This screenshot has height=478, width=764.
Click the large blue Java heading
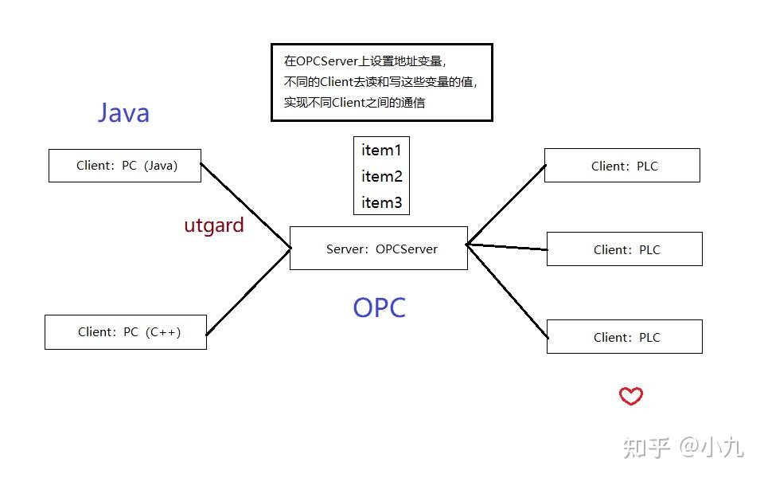point(123,112)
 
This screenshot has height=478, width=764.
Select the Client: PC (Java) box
point(125,166)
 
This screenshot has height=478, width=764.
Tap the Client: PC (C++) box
point(126,332)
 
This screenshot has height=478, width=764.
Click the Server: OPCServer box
point(379,249)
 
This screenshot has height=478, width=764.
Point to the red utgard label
point(214,225)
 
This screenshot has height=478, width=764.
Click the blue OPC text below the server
point(379,308)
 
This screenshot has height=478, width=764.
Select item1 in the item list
point(381,150)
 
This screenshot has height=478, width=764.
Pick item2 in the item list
point(381,176)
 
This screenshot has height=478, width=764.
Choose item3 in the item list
point(381,202)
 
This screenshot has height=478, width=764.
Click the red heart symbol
point(631,396)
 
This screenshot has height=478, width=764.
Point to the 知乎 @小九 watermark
point(683,448)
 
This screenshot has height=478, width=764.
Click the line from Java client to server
point(245,206)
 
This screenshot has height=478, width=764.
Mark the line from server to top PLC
point(506,204)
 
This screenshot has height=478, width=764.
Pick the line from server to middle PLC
point(507,247)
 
